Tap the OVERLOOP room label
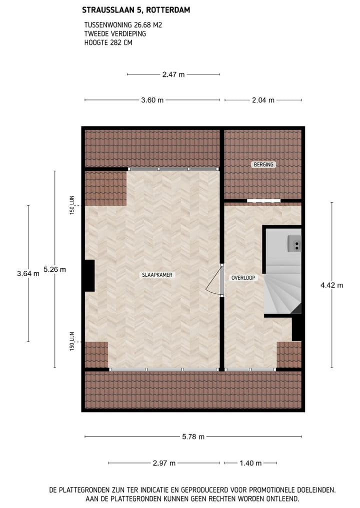(x=244, y=277)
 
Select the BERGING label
(x=263, y=164)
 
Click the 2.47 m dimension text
(x=173, y=74)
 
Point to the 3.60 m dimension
(x=152, y=100)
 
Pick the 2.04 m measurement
(x=263, y=100)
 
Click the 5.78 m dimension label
(x=193, y=437)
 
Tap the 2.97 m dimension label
(x=164, y=463)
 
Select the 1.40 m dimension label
(x=250, y=463)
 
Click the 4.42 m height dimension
(x=331, y=285)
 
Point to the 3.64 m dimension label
(x=28, y=273)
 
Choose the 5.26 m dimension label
(x=54, y=269)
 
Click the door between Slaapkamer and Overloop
(x=216, y=280)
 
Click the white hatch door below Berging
(x=263, y=201)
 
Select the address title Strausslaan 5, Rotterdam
(x=136, y=9)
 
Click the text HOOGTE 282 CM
(x=108, y=42)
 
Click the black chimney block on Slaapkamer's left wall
(x=89, y=275)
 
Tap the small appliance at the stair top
(x=294, y=243)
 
